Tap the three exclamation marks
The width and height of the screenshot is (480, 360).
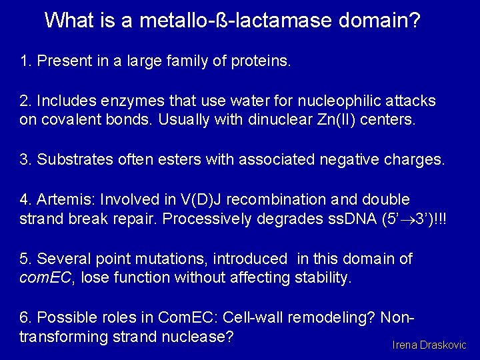441,219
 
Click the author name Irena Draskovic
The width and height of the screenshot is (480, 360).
429,345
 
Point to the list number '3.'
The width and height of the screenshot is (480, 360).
26,160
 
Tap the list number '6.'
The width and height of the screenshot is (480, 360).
26,318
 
